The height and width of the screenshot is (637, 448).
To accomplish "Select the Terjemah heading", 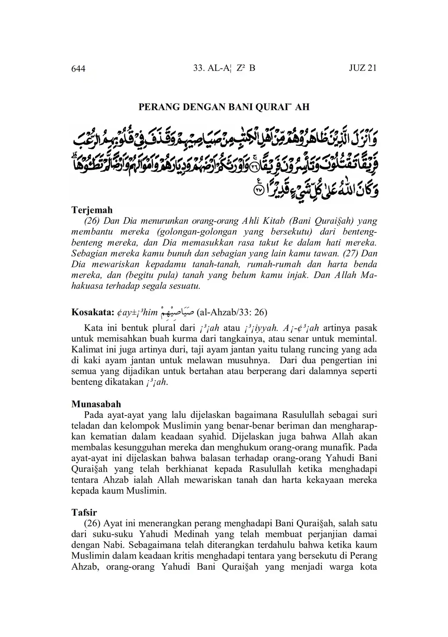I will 91,210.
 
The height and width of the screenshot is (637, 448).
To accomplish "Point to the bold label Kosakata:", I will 92,312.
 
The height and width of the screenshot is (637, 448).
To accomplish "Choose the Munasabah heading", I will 96,404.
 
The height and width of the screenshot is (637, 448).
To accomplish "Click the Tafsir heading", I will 84,513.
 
